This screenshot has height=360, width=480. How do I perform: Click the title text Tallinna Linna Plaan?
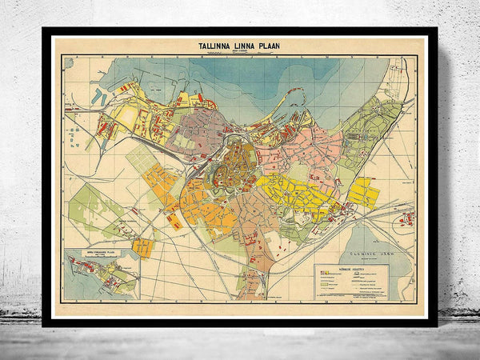click(x=239, y=47)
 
